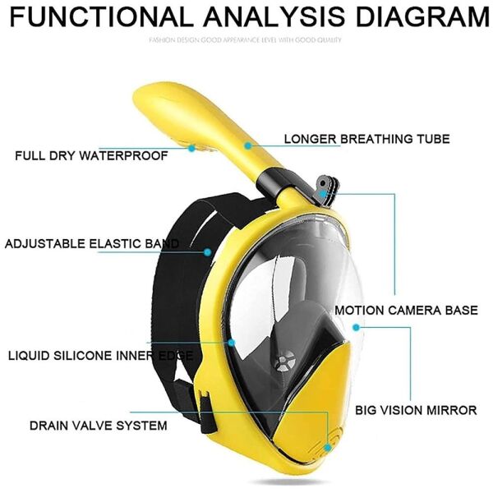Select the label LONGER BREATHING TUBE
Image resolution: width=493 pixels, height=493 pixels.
click(366, 139)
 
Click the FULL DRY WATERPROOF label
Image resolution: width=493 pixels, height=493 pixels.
click(91, 154)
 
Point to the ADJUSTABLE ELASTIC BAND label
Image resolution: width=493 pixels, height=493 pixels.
click(91, 244)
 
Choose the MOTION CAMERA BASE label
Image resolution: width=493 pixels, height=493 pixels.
click(406, 311)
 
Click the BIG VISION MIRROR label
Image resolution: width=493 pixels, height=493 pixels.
click(416, 408)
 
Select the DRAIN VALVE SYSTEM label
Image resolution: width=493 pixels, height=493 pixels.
click(99, 426)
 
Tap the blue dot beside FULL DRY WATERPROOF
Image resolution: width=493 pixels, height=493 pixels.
click(191, 149)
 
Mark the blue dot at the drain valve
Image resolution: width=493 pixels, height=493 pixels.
click(326, 447)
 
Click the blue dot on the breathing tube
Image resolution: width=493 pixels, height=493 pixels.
click(247, 145)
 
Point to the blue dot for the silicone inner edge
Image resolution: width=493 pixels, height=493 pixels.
click(232, 342)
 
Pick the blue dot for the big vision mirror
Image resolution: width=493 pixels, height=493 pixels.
click(356, 327)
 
